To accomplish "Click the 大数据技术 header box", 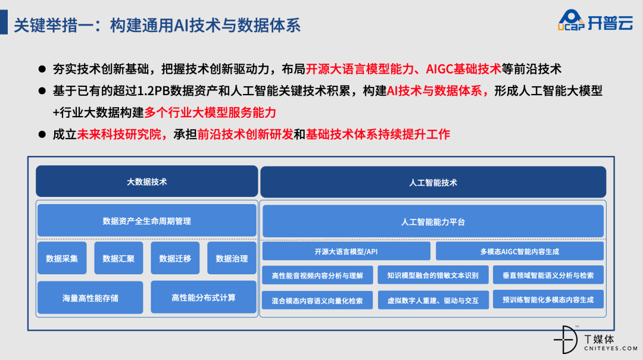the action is click(147, 181).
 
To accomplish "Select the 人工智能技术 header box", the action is click(433, 182).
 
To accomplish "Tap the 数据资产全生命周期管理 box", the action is click(147, 221).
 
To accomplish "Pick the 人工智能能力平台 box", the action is click(433, 221).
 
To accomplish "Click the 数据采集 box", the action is click(62, 258).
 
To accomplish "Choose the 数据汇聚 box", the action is click(118, 258).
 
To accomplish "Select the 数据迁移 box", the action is click(175, 258).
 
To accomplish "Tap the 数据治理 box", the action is click(232, 258).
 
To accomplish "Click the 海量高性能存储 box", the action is click(90, 298).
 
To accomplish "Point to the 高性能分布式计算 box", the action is click(204, 298).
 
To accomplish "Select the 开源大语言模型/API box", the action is click(346, 251).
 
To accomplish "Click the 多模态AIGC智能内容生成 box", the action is click(520, 251).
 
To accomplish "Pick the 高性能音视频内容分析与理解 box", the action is click(317, 275).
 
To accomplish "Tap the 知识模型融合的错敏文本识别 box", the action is click(433, 275).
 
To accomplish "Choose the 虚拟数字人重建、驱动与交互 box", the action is click(433, 300).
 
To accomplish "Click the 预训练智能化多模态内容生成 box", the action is click(548, 299).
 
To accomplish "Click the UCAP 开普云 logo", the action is click(595, 20).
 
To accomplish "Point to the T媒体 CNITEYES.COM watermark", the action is click(595, 340).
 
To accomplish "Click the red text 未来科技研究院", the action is click(119, 134).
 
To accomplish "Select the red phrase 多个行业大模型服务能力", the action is click(210, 112).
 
